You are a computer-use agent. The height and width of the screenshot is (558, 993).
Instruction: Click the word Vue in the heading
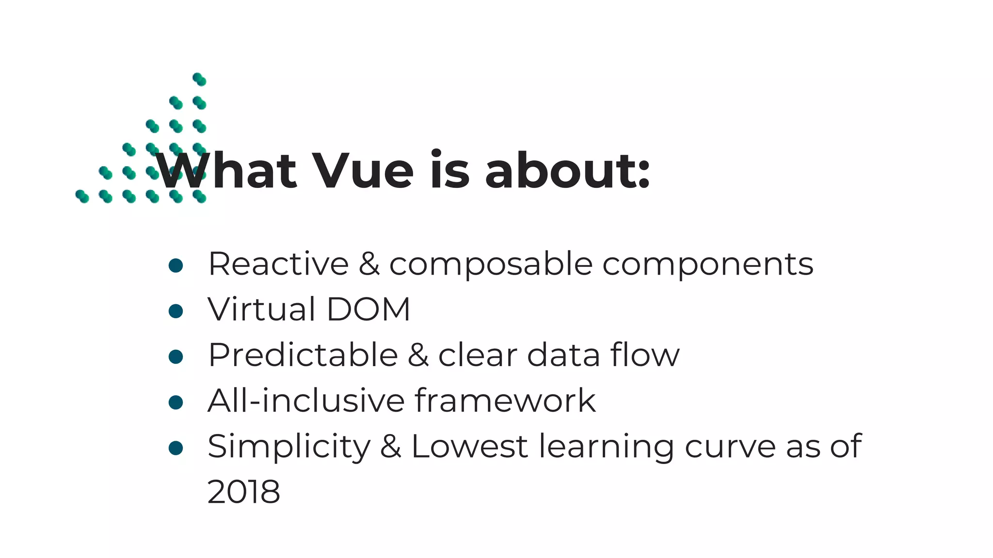[363, 171]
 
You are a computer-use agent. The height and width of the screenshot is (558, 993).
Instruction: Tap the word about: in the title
[567, 171]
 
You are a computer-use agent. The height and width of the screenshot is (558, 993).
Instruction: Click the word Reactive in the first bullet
[278, 264]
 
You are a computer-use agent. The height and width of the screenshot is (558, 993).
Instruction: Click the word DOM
[368, 309]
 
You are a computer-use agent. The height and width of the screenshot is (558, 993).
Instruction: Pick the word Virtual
[261, 309]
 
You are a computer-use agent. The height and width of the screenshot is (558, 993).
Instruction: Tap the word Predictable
[303, 355]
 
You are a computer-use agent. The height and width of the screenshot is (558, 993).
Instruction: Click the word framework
[505, 401]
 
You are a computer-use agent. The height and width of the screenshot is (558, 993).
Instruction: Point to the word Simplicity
[289, 447]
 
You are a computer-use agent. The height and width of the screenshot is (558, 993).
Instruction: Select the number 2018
[243, 492]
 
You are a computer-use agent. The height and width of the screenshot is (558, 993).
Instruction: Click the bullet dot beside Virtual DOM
[176, 311]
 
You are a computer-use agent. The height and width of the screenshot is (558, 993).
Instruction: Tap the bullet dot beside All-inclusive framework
[176, 402]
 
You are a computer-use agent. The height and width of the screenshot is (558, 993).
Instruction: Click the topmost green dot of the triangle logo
[199, 79]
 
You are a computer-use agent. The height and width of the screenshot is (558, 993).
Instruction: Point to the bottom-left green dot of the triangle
[82, 196]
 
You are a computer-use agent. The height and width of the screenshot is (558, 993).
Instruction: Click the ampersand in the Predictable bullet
[418, 355]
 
